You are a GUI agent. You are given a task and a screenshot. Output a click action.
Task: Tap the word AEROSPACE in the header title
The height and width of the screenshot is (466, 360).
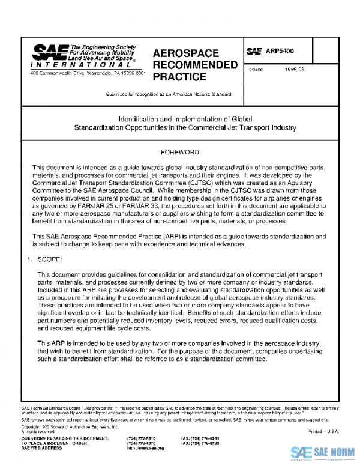click(x=186, y=53)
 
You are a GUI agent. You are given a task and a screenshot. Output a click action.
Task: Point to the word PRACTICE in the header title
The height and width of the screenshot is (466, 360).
click(x=179, y=77)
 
